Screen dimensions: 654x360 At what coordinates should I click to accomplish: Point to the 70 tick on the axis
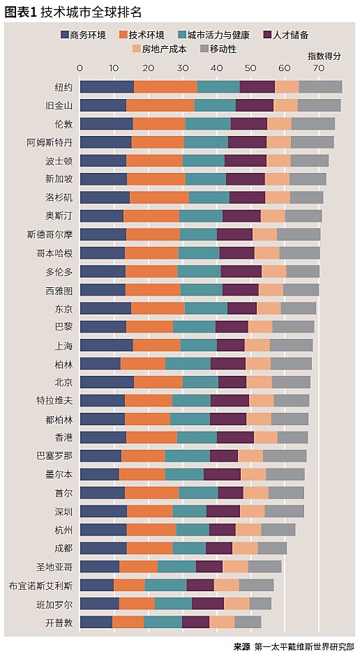point(318,68)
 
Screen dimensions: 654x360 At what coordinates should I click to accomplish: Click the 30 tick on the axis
point(182,68)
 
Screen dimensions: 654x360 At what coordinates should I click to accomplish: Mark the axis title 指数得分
point(324,56)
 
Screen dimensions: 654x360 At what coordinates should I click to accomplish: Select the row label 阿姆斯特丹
point(49,142)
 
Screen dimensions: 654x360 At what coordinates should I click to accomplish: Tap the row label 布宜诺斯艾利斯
point(40,585)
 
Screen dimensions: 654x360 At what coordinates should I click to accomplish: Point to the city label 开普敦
point(59,622)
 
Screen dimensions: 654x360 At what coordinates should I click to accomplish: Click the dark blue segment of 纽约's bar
point(107,87)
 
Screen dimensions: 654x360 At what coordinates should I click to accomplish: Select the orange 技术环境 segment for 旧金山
point(160,105)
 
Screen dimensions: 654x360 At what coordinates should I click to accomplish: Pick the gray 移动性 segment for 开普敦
point(248,622)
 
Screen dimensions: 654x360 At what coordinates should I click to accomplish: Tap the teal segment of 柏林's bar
point(188,363)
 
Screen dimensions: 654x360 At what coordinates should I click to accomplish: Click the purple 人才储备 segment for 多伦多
point(241,271)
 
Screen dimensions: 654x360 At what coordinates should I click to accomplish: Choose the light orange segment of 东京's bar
point(269,308)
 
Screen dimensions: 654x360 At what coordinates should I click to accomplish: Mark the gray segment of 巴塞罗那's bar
point(285,456)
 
